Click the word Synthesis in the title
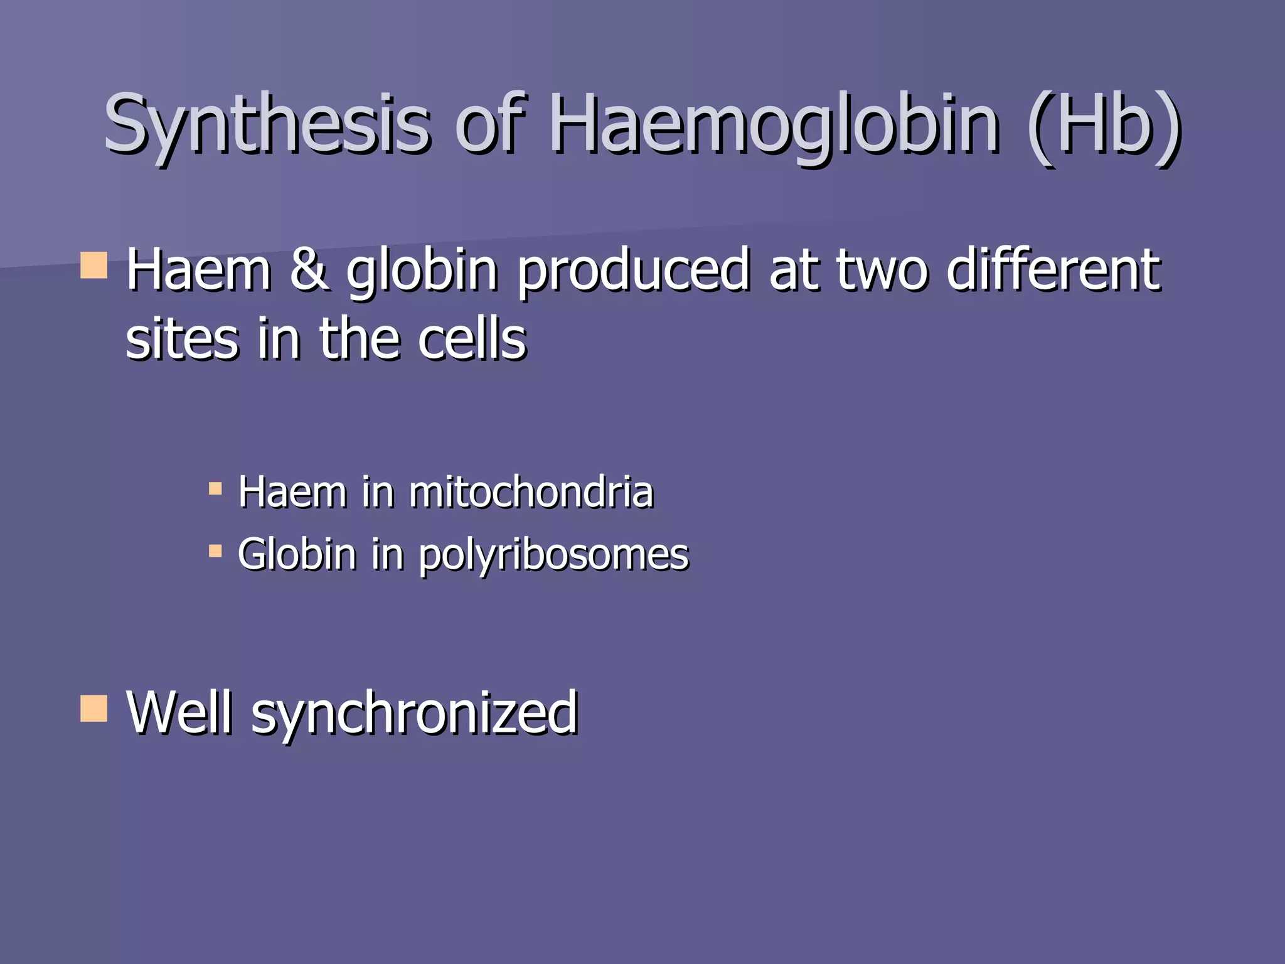point(267,124)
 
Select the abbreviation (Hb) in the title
point(1104,124)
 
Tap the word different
point(1054,270)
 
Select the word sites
point(182,339)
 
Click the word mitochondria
point(531,492)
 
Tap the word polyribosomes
point(553,556)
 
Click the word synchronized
point(414,714)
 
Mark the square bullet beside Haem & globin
point(94,265)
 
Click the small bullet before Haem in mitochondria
point(215,489)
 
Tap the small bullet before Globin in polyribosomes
point(215,551)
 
